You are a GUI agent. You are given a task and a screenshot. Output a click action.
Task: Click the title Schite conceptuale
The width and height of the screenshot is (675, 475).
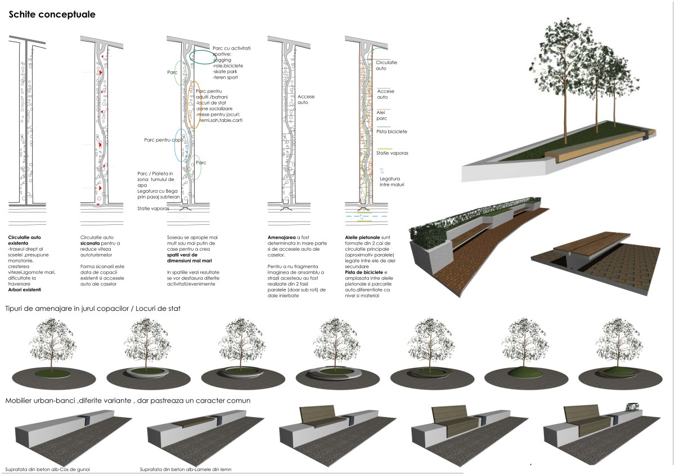52,13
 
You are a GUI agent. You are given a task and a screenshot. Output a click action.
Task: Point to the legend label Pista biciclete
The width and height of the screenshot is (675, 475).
391,132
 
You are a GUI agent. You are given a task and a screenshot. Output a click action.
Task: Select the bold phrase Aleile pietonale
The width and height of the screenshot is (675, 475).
363,238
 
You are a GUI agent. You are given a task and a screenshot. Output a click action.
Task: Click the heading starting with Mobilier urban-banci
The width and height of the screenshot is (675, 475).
128,400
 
